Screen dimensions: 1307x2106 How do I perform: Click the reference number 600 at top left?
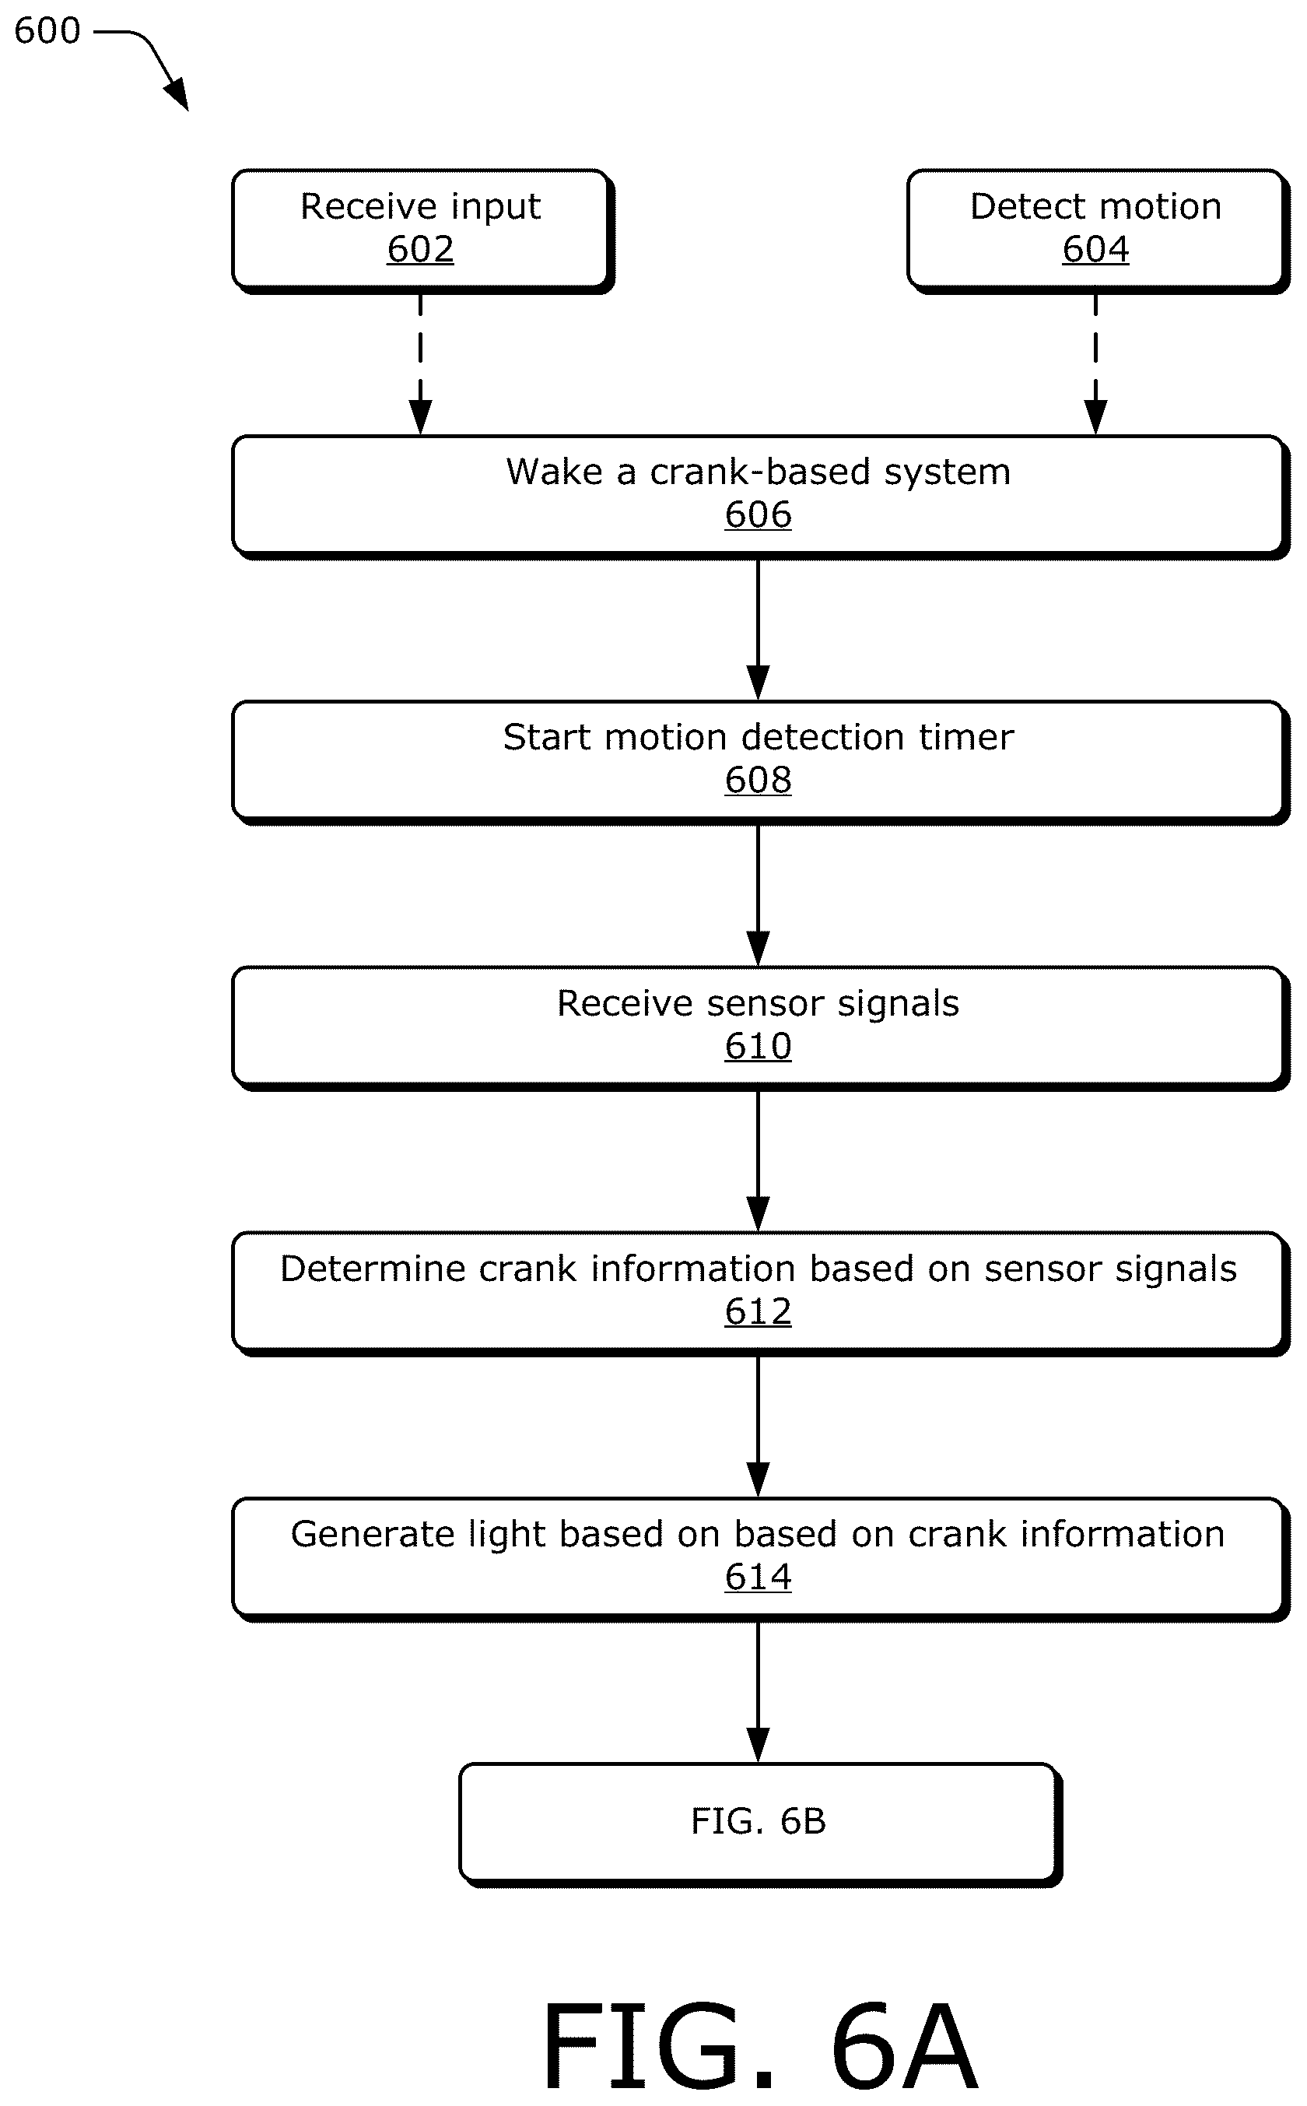click(x=47, y=31)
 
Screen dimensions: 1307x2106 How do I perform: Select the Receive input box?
click(x=422, y=231)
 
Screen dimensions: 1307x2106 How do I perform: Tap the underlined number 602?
click(x=420, y=250)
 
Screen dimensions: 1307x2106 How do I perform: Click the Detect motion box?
click(x=1098, y=231)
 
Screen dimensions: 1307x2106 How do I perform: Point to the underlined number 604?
click(x=1095, y=250)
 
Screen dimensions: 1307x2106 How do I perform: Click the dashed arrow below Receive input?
click(x=420, y=364)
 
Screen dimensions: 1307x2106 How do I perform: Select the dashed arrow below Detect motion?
click(x=1095, y=364)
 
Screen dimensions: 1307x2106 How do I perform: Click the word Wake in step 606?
click(x=555, y=472)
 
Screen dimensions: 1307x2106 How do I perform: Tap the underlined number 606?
click(x=758, y=515)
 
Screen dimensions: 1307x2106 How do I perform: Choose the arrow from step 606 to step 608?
click(x=758, y=630)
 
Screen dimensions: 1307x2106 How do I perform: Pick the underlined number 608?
click(x=758, y=781)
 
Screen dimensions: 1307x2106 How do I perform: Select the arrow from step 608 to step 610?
click(x=758, y=895)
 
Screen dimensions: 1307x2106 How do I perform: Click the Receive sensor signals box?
click(x=761, y=1028)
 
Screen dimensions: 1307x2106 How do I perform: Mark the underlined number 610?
click(x=758, y=1047)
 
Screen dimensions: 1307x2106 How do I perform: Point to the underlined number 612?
click(x=758, y=1312)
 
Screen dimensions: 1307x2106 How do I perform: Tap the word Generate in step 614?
click(x=373, y=1535)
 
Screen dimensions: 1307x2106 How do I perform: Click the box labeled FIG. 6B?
click(x=761, y=1824)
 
